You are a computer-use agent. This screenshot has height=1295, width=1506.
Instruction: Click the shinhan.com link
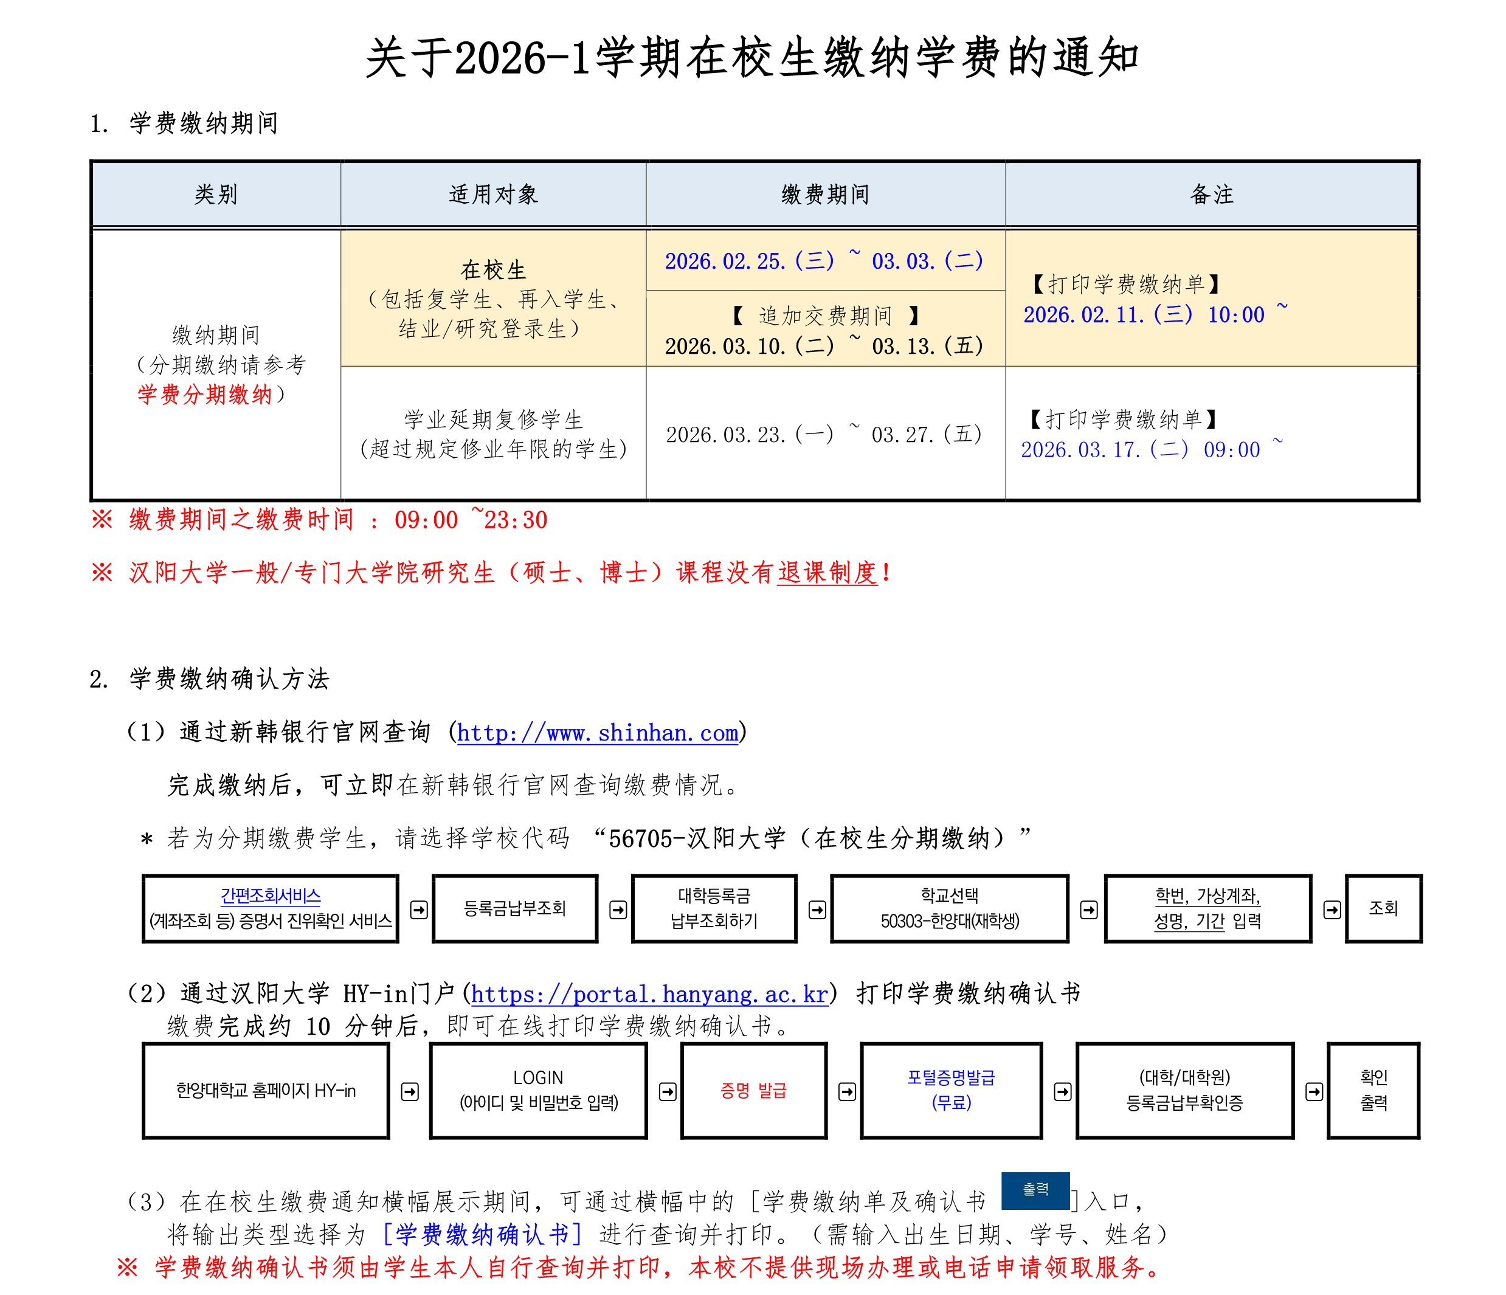coord(598,733)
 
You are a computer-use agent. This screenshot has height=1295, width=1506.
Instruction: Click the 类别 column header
coord(216,194)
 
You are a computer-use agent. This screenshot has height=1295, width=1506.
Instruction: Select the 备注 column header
coord(1212,194)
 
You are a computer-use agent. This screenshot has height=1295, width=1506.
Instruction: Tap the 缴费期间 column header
coord(825,194)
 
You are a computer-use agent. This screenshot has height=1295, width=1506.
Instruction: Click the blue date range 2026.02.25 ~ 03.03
coord(823,261)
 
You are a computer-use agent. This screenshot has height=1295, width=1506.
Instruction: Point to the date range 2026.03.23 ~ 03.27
coord(823,435)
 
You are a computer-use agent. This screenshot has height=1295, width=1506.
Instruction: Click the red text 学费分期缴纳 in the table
coord(204,395)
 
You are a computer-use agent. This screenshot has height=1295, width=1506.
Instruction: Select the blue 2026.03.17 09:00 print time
coord(1141,450)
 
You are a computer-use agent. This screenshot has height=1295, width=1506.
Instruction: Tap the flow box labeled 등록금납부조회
coord(514,908)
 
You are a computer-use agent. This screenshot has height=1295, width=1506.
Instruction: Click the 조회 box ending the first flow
coord(1383,908)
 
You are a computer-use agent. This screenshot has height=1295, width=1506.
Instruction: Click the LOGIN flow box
coord(538,1090)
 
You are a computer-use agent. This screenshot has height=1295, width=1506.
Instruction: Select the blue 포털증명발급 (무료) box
coord(951,1090)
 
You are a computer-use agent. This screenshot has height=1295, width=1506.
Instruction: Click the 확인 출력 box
coord(1373,1090)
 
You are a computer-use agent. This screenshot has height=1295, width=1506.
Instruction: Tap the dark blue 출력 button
coord(1035,1190)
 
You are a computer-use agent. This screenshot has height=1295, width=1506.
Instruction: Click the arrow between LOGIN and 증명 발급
coord(667,1091)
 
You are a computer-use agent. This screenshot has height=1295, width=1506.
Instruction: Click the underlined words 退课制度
coord(827,573)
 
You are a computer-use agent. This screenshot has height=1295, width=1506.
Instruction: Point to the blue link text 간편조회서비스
coord(271,896)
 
